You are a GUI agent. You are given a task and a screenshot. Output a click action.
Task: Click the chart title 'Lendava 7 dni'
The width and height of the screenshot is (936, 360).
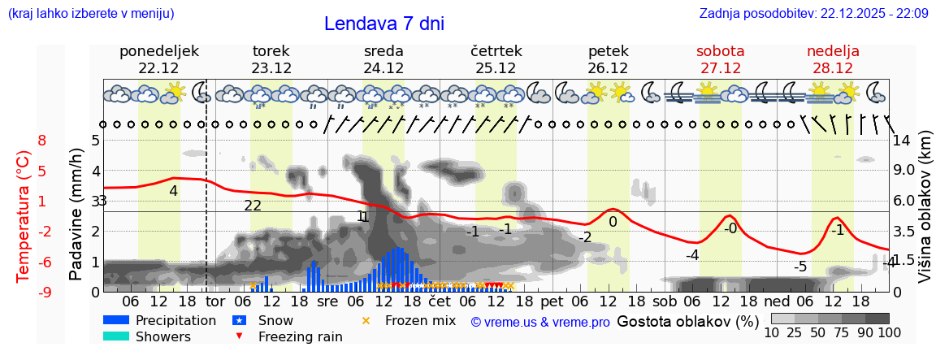[383, 24]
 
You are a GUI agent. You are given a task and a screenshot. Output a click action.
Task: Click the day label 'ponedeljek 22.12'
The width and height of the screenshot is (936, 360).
[158, 59]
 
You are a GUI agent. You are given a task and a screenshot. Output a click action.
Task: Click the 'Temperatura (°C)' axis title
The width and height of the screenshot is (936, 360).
[24, 215]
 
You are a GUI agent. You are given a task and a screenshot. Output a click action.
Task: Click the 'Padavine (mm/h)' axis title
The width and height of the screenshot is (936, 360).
[77, 214]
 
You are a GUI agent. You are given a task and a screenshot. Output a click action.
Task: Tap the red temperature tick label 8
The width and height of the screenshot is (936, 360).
[42, 141]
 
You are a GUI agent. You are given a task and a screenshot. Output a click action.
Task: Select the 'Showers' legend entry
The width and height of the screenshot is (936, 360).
[163, 336]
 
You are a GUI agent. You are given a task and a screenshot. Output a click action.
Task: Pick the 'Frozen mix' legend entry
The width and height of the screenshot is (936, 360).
[420, 320]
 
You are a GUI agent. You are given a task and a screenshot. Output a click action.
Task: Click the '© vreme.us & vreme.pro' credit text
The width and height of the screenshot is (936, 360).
[540, 322]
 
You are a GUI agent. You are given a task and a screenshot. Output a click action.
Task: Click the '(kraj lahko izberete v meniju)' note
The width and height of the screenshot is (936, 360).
[91, 13]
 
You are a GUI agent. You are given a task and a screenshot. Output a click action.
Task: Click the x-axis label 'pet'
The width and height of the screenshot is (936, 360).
[552, 301]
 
